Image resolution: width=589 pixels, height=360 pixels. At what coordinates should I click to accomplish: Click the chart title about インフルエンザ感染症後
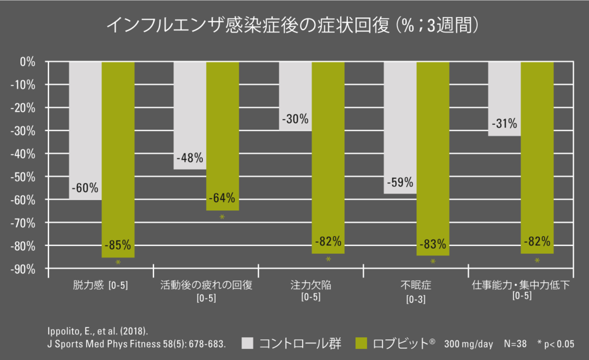click(x=293, y=25)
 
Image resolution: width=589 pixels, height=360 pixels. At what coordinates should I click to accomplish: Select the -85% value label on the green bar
click(x=117, y=245)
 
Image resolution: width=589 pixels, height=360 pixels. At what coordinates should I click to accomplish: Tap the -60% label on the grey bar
click(x=85, y=188)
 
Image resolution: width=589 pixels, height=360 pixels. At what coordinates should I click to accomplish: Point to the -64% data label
click(x=222, y=198)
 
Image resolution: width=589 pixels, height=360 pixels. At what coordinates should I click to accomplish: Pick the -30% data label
click(x=294, y=119)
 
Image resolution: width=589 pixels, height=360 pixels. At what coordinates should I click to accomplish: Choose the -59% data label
click(x=399, y=182)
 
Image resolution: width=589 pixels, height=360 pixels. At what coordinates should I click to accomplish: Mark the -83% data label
click(x=433, y=245)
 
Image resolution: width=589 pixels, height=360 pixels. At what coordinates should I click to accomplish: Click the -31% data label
click(x=504, y=123)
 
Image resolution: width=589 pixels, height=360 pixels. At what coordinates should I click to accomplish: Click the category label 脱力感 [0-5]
click(x=100, y=285)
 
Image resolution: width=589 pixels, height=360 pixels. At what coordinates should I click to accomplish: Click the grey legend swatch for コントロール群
click(x=247, y=343)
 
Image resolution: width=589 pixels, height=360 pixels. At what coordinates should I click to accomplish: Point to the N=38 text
click(x=516, y=343)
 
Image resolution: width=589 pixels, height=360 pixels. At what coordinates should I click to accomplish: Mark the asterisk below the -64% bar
click(x=222, y=218)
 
